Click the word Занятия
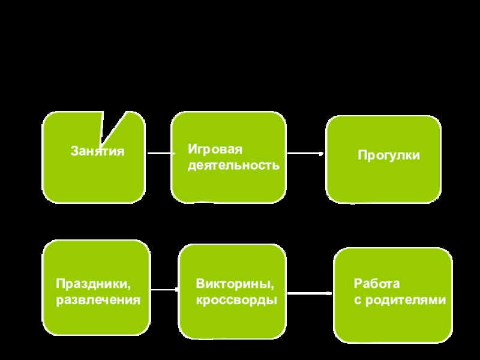(x=97, y=152)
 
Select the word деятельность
(x=233, y=164)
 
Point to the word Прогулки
(x=389, y=155)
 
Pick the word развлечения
(x=98, y=298)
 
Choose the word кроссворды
(x=236, y=298)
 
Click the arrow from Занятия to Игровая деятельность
(x=160, y=153)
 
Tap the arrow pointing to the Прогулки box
(x=305, y=154)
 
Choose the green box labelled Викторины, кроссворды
(x=233, y=318)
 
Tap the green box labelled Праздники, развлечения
(x=96, y=318)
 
